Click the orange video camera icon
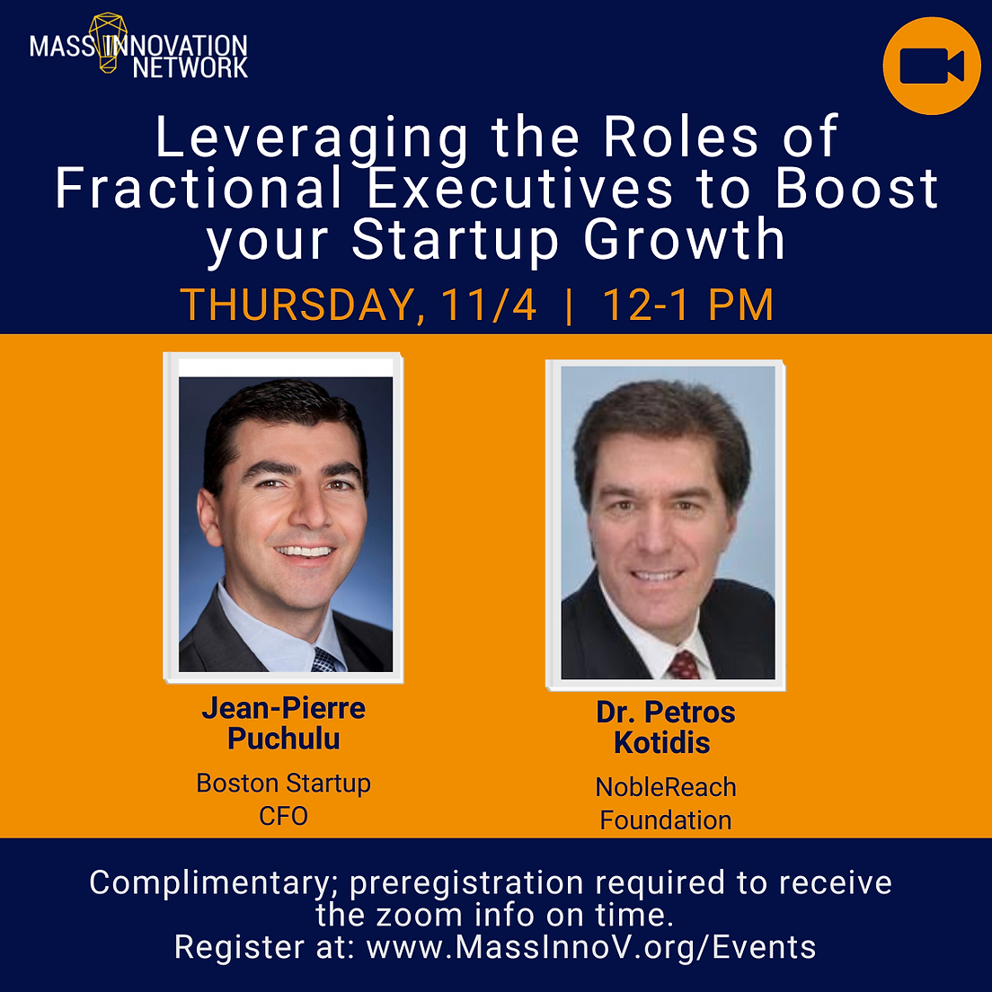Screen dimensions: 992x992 [x=931, y=66]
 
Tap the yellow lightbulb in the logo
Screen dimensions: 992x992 [x=108, y=41]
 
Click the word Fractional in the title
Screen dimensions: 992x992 [x=199, y=189]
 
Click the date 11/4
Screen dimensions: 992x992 [x=489, y=306]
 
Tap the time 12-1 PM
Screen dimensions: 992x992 [x=687, y=306]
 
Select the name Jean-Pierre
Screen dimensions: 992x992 [x=283, y=709]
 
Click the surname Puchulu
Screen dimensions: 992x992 [x=283, y=739]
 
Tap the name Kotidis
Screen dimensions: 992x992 [x=661, y=742]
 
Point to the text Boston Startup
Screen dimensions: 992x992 [x=283, y=784]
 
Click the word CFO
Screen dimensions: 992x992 [x=283, y=816]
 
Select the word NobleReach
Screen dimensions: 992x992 [x=666, y=788]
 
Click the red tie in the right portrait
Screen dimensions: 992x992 [x=683, y=665]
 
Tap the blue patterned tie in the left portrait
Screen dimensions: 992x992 [x=325, y=660]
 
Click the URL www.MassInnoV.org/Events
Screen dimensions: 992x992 [x=591, y=948]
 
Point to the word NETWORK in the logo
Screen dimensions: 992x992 [x=190, y=67]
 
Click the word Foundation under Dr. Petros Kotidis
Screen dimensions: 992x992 [x=666, y=820]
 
